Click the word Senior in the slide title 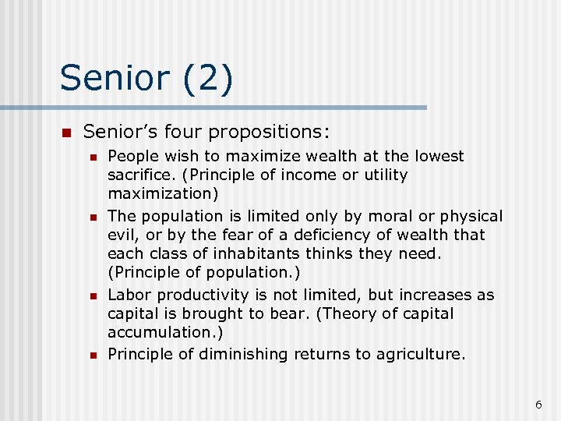[x=113, y=79]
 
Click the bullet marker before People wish [x=93, y=157]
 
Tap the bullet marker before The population [x=93, y=217]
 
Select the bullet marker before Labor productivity [x=93, y=296]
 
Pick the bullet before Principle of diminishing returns [x=93, y=356]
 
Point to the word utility [x=379, y=175]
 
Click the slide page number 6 [x=538, y=404]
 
